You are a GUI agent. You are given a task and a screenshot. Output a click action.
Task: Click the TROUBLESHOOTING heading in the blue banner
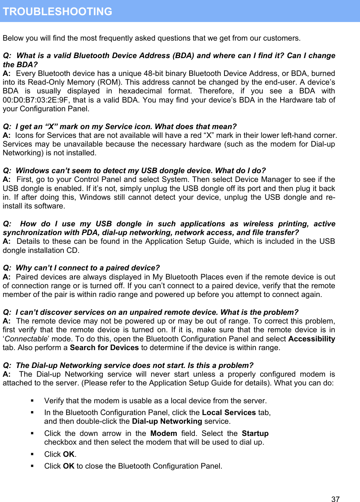coord(57,11)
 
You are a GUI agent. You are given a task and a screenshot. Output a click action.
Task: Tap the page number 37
coord(335,499)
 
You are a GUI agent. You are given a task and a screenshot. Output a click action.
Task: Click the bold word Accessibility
coord(311,339)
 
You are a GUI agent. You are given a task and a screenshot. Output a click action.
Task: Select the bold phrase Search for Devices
coord(104,348)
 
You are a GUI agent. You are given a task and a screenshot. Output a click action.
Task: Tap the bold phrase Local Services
coord(229,413)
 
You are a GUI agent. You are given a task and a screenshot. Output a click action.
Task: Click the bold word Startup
coord(255,434)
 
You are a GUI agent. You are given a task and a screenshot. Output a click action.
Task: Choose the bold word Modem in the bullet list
coord(164,434)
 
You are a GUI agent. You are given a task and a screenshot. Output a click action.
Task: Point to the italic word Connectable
coord(26,339)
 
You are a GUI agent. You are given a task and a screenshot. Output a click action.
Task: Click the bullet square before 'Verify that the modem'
coord(33,401)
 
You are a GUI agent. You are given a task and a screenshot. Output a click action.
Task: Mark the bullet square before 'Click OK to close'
coord(33,466)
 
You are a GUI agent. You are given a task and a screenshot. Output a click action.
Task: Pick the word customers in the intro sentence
coord(283,38)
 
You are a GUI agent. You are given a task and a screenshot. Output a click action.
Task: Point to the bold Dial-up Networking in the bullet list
coord(167,421)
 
